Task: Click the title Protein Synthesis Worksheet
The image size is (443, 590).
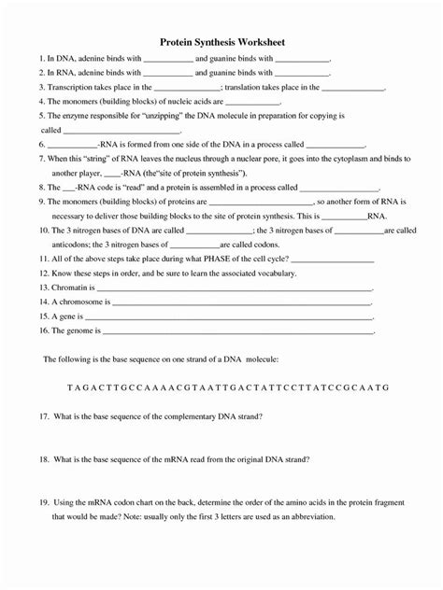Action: tap(221, 43)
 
